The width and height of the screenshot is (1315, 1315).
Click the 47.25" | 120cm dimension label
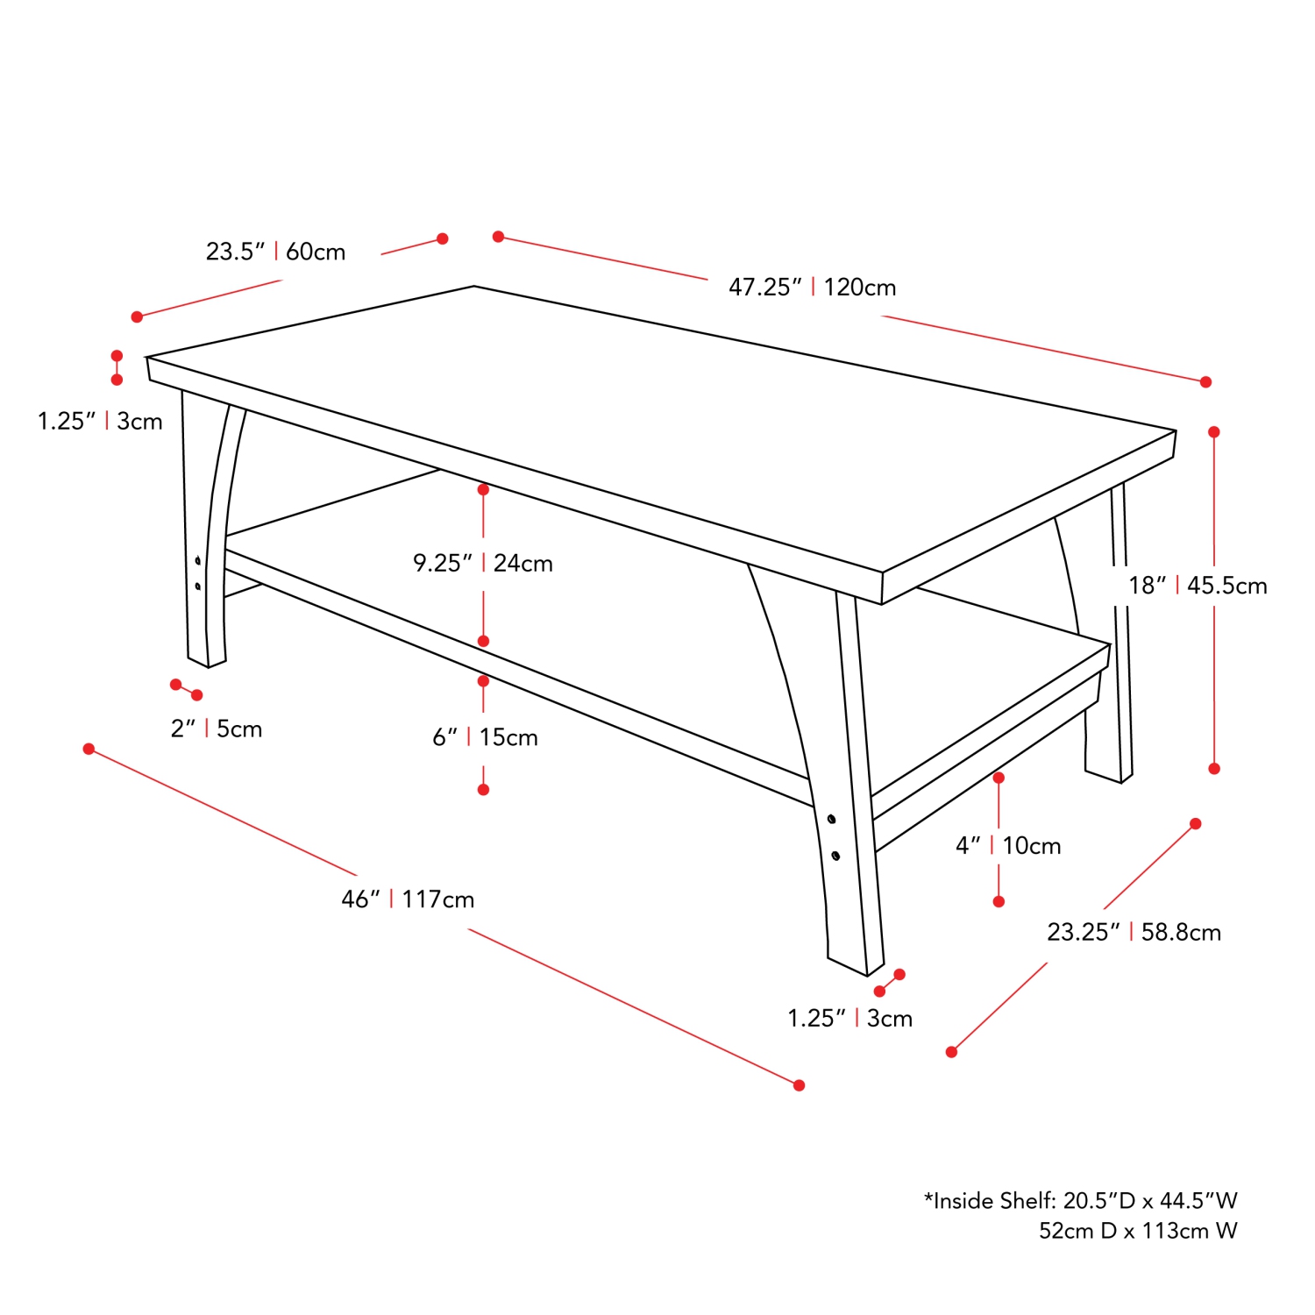click(812, 288)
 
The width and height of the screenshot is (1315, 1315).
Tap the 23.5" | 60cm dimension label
click(275, 252)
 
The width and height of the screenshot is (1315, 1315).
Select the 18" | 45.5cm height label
click(1198, 586)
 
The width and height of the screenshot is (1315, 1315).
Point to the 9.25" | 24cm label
click(483, 563)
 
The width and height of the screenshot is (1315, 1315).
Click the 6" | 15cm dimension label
click(485, 737)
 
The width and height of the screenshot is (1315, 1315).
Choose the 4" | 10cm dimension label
click(1008, 846)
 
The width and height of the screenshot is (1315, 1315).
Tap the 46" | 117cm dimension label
click(408, 899)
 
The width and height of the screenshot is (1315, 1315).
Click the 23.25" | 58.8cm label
click(1134, 932)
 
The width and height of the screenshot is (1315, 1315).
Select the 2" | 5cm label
click(217, 729)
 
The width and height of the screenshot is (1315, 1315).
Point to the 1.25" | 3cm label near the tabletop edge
click(100, 422)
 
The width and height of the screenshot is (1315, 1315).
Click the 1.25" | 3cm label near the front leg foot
click(849, 1019)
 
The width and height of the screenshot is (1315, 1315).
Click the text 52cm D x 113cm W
click(1138, 1231)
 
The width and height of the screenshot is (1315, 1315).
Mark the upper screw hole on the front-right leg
click(831, 820)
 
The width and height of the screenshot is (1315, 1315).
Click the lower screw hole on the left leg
click(198, 586)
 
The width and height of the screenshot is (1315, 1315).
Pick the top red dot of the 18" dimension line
click(1214, 432)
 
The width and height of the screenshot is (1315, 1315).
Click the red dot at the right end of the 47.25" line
click(1205, 382)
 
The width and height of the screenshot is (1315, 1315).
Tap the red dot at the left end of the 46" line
click(89, 749)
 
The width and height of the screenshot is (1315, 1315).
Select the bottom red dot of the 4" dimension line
click(999, 901)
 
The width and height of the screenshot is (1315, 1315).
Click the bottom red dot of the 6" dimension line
click(483, 790)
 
